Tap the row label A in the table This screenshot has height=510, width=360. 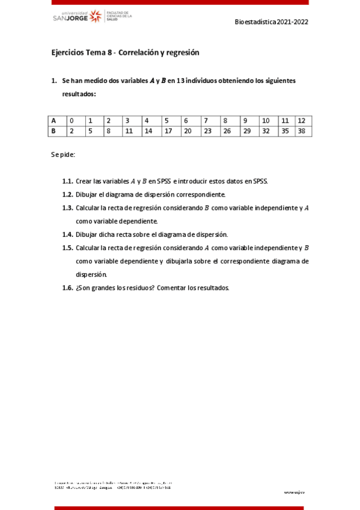coord(53,120)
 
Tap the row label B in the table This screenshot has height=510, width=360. coord(53,131)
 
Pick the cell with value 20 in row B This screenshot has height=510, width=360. coord(188,131)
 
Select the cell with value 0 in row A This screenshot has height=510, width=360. coord(72,120)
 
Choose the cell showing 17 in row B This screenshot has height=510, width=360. coord(168,131)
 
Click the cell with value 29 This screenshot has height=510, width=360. coord(246,131)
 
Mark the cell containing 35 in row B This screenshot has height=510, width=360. coord(285,131)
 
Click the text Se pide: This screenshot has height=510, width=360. coord(63,155)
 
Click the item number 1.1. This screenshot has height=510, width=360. coord(67,181)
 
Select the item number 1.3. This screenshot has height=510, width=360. coord(67,208)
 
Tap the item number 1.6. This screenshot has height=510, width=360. coord(67,287)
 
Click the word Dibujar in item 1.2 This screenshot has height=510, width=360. coord(88,194)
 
